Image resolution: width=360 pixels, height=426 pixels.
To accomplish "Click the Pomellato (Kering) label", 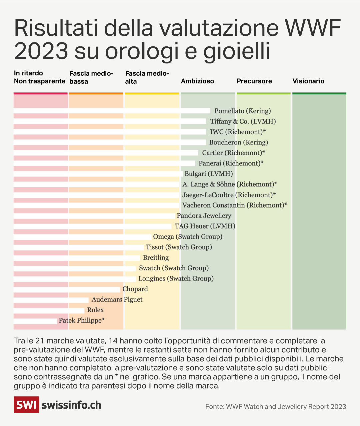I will click(242, 111).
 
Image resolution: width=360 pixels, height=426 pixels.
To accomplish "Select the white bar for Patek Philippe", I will click(35, 321).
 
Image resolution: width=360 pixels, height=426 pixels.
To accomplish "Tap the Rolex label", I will click(95, 310).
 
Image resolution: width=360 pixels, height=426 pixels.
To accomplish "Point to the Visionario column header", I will click(308, 81).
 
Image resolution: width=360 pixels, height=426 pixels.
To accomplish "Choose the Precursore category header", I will click(254, 81).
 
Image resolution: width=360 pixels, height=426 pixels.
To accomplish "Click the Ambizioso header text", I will click(197, 81).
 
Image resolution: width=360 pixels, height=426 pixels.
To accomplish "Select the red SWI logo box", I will click(26, 405).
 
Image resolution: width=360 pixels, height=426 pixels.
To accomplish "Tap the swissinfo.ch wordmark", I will click(71, 405).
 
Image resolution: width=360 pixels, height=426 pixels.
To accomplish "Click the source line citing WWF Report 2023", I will click(275, 407).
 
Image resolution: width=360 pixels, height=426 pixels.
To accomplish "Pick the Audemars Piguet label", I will click(117, 300).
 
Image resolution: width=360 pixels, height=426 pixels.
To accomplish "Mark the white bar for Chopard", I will click(67, 289).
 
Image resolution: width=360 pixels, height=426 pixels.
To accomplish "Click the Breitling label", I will click(156, 258).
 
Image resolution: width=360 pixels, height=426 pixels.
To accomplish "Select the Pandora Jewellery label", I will click(204, 216).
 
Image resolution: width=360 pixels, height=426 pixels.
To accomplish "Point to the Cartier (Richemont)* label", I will click(233, 153).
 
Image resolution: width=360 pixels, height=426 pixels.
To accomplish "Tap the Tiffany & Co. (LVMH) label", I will click(243, 121).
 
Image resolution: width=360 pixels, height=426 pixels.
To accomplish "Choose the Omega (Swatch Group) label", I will click(188, 237).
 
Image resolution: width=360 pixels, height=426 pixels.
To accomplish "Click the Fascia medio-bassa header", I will click(91, 77).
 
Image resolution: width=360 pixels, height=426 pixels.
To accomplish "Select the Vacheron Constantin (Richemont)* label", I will click(234, 205).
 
